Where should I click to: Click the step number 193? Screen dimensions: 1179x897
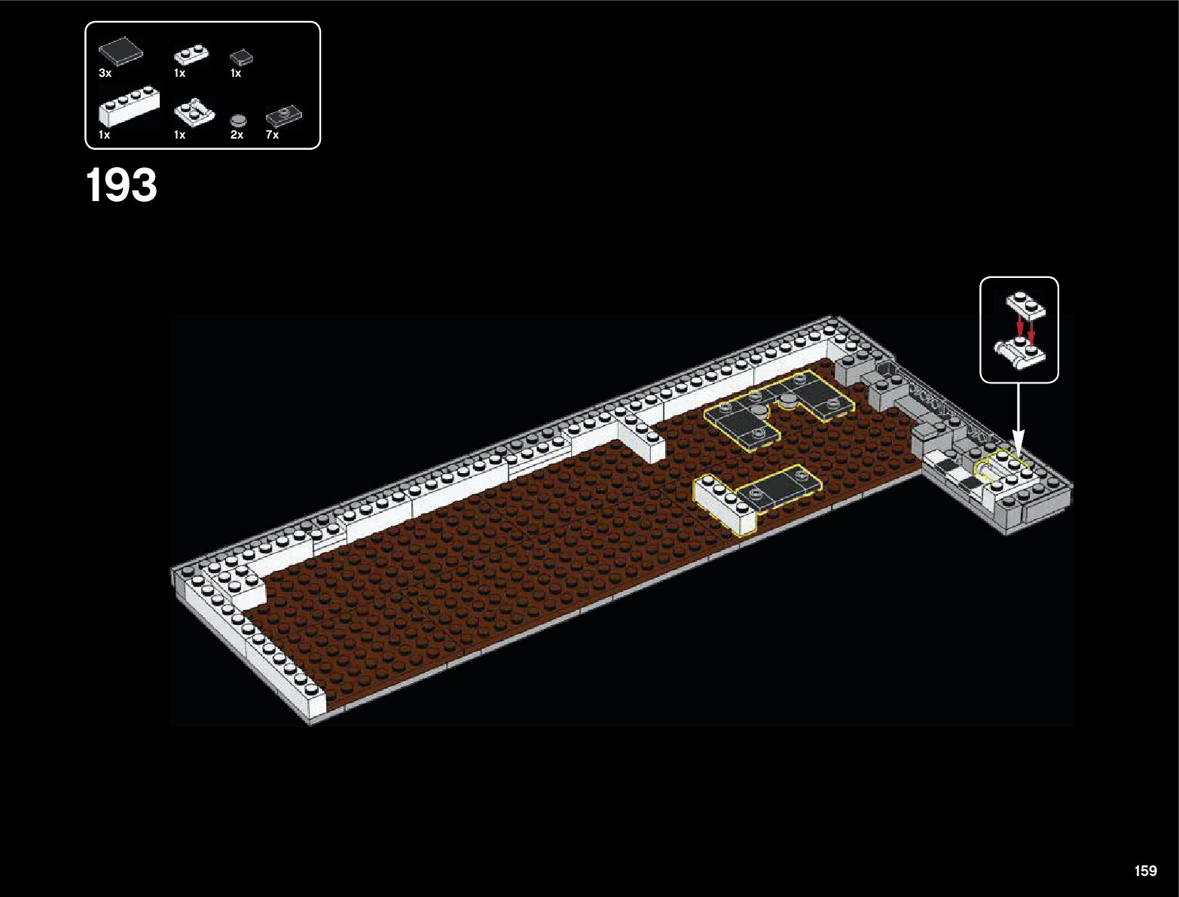tap(121, 185)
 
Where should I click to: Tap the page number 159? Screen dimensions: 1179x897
tap(1145, 871)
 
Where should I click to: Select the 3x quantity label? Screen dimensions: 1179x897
tap(105, 73)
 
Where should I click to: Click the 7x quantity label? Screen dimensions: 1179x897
tap(272, 135)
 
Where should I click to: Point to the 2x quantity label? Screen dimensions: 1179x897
tap(237, 135)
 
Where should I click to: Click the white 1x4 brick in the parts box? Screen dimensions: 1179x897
tap(129, 106)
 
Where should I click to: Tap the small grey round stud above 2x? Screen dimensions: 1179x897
tap(239, 119)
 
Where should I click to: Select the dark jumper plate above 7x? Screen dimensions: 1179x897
tap(284, 116)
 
